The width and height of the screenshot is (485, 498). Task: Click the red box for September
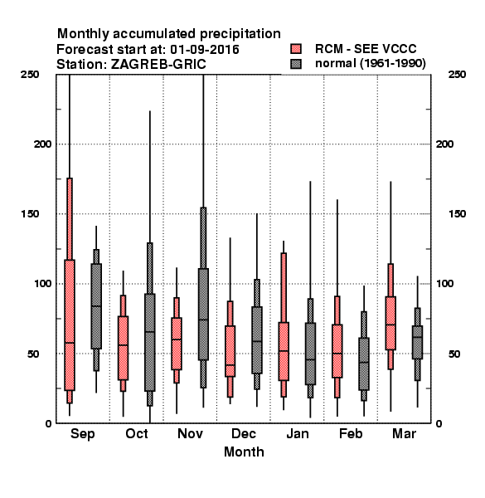pyautogui.click(x=70, y=325)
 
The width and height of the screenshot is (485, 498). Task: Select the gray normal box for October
pyautogui.click(x=150, y=342)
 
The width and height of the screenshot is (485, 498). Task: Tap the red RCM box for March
pyautogui.click(x=390, y=323)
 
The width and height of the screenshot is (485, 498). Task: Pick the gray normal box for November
pyautogui.click(x=203, y=314)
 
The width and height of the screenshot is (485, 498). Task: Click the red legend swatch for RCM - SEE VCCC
pyautogui.click(x=296, y=49)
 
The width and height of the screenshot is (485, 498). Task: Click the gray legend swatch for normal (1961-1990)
pyautogui.click(x=296, y=64)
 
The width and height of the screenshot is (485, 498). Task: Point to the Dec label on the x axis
pyautogui.click(x=243, y=433)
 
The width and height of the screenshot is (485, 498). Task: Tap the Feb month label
pyautogui.click(x=351, y=433)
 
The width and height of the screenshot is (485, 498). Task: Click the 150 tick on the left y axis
pyautogui.click(x=30, y=214)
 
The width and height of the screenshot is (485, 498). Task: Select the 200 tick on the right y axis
pyautogui.click(x=444, y=144)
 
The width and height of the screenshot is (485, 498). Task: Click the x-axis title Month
pyautogui.click(x=244, y=452)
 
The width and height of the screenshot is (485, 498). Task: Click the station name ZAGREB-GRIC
pyautogui.click(x=158, y=65)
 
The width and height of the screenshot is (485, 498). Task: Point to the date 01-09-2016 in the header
pyautogui.click(x=205, y=50)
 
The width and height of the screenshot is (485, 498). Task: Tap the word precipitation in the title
pyautogui.click(x=240, y=34)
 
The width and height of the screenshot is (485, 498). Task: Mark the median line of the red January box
pyautogui.click(x=284, y=350)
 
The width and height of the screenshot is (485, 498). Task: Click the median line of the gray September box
pyautogui.click(x=96, y=305)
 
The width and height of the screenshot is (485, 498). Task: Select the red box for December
pyautogui.click(x=230, y=351)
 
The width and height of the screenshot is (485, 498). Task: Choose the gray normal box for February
pyautogui.click(x=364, y=364)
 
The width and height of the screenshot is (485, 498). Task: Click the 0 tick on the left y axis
pyautogui.click(x=48, y=423)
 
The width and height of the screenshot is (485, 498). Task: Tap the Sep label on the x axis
pyautogui.click(x=82, y=434)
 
